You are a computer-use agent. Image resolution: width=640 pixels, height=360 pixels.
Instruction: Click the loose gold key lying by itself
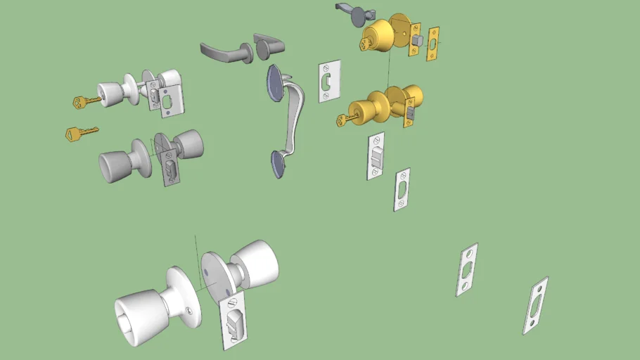click(77, 132)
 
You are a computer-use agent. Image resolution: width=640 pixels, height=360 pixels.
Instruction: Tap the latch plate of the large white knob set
click(234, 321)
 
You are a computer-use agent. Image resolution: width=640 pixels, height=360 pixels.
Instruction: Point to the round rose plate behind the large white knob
click(185, 295)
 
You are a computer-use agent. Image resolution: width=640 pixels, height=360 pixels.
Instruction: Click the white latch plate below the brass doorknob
click(376, 155)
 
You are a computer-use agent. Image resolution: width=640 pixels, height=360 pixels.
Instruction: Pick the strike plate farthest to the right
click(536, 305)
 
